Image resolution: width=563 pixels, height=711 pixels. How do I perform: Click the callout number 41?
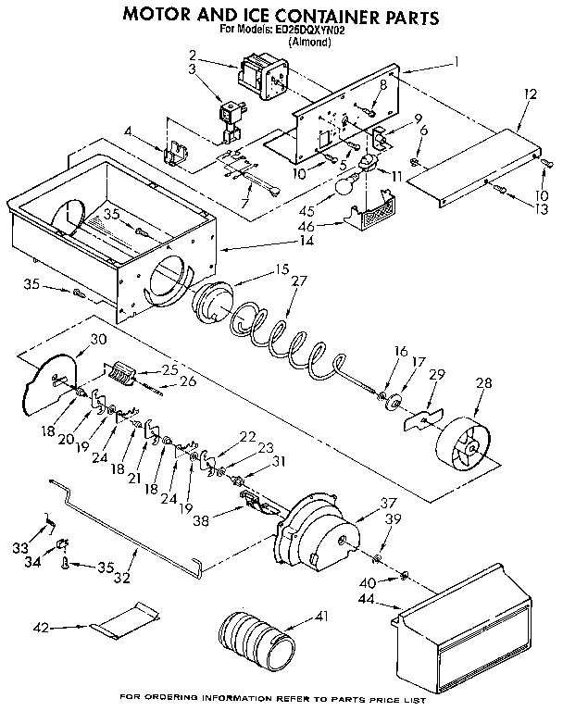pos(320,616)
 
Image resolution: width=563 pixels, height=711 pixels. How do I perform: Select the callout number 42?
pos(40,628)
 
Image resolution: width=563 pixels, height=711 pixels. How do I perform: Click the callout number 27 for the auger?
pos(298,281)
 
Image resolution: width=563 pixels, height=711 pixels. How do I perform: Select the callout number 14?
pos(306,241)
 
